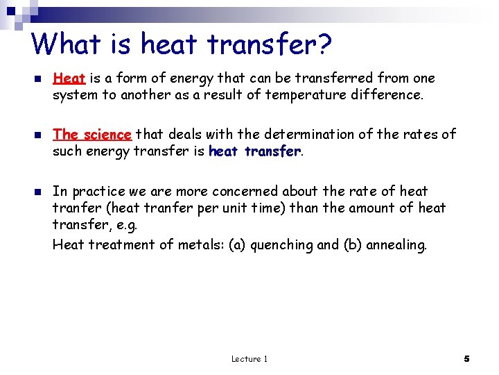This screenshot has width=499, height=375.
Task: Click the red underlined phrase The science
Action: (x=91, y=135)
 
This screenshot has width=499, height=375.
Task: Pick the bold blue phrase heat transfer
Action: (x=254, y=151)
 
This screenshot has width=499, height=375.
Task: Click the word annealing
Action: (x=396, y=245)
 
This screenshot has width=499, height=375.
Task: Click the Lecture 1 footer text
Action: (x=249, y=358)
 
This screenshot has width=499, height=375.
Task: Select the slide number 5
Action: (x=466, y=358)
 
